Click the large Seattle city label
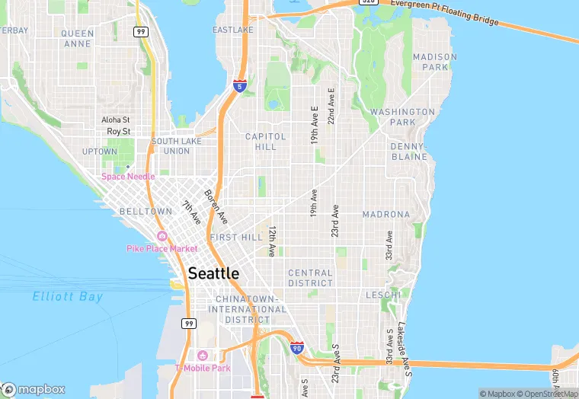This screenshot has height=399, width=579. coord(213,273)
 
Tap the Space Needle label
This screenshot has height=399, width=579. coord(129,177)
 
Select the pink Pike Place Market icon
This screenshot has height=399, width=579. coord(161,236)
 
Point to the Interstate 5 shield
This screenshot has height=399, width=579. coord(240,86)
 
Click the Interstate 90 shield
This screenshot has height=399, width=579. coord(297,348)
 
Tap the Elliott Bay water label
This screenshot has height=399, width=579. coord(68,297)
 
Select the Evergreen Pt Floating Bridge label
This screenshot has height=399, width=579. coord(445,13)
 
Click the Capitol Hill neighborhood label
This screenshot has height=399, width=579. coord(266,142)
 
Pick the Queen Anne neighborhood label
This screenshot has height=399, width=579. coord(78,39)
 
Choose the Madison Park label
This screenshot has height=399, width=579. coord(435,62)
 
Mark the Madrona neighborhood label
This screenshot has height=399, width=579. coord(386,215)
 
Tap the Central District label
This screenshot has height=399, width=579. coord(310,278)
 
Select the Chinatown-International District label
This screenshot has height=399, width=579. coord(251,309)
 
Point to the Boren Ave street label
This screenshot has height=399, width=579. coord(216,206)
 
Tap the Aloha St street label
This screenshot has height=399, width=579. coord(116,120)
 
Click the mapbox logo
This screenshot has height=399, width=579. coord(34,389)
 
